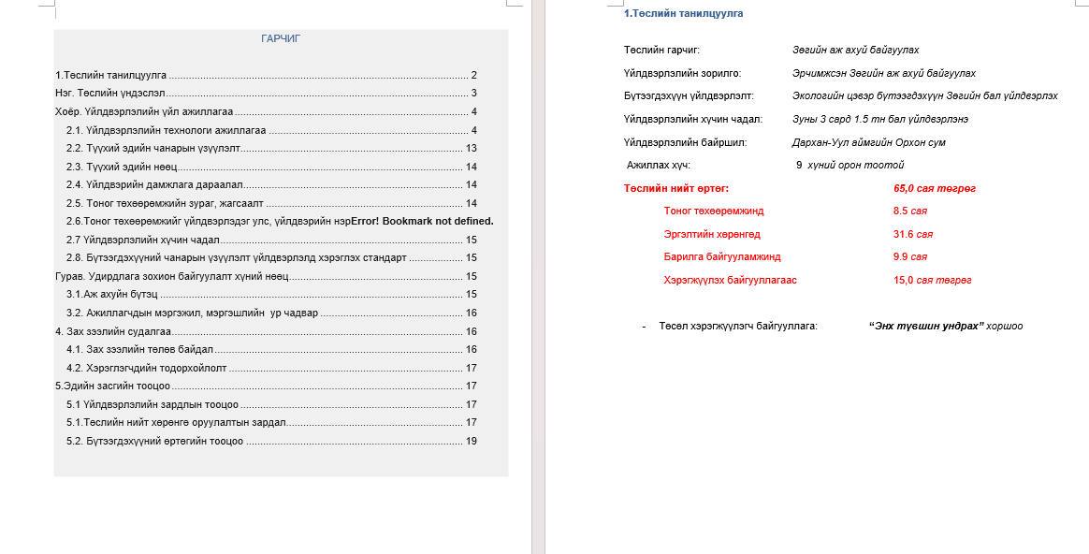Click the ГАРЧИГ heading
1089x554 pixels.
tap(281, 38)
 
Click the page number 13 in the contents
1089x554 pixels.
tap(472, 148)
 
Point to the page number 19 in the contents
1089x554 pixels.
tap(472, 441)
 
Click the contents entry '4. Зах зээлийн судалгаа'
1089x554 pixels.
tap(112, 331)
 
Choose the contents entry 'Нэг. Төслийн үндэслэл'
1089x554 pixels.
tap(109, 93)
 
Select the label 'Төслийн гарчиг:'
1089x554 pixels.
tap(661, 50)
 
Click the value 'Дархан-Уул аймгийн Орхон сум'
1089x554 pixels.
tap(868, 142)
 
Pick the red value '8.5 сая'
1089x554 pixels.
tap(909, 211)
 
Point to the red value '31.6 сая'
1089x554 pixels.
tap(912, 234)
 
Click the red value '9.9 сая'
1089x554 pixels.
tap(909, 256)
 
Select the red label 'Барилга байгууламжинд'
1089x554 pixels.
tap(721, 256)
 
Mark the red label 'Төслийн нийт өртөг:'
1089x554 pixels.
tap(675, 188)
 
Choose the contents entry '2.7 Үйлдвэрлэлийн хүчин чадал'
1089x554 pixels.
tap(142, 240)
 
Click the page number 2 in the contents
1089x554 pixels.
tap(474, 75)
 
